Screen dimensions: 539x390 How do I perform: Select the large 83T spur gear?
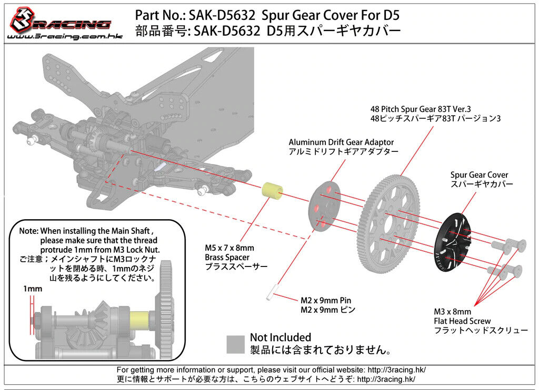click(x=389, y=223)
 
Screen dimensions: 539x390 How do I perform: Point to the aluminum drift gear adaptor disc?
click(x=324, y=207)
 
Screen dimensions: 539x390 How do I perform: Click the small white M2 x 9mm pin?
click(x=271, y=292)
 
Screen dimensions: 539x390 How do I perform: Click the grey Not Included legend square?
click(x=235, y=344)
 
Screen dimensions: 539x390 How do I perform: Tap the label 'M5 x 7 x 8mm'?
click(x=229, y=248)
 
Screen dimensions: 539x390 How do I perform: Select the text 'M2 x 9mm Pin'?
click(x=326, y=301)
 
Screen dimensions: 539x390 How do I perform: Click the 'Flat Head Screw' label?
click(x=462, y=321)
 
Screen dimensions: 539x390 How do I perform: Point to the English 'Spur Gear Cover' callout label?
click(x=479, y=175)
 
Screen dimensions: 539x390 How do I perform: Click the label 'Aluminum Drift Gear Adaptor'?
click(x=341, y=142)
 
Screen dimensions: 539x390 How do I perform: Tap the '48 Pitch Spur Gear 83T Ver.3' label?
click(x=421, y=109)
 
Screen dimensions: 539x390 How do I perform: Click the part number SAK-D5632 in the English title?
click(x=222, y=15)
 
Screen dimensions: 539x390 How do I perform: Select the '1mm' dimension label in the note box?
click(x=33, y=289)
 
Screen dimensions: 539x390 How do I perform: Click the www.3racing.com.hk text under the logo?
click(x=65, y=36)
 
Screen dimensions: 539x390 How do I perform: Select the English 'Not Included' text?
click(x=281, y=337)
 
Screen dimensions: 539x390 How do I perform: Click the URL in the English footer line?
click(x=397, y=370)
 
